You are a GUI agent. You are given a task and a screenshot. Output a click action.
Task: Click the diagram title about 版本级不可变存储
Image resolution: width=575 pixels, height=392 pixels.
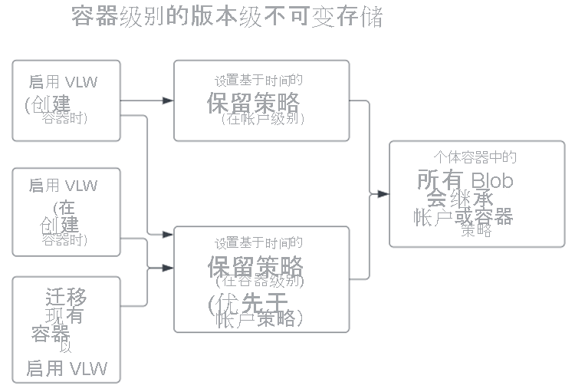tap(227, 17)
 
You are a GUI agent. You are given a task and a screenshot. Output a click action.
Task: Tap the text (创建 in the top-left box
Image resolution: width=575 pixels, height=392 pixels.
tap(48, 103)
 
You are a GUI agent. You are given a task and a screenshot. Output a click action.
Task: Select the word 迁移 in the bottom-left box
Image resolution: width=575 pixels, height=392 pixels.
tap(66, 297)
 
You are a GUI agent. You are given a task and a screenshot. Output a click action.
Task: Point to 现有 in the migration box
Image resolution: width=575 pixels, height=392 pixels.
tap(64, 315)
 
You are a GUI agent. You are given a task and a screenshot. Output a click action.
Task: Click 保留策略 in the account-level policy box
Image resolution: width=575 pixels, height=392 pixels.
tap(253, 102)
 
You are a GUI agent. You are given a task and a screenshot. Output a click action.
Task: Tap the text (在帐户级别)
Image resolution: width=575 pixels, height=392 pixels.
tap(262, 119)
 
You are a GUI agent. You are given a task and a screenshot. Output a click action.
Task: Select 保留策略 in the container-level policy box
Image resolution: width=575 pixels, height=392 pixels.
tap(255, 267)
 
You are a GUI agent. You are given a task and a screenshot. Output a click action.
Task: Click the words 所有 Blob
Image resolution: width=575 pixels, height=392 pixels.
tap(465, 180)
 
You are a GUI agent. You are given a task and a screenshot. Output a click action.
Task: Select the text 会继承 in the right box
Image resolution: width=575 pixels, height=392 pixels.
tap(459, 199)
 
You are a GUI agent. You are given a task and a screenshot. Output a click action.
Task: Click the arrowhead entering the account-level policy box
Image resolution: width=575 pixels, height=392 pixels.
tap(169, 100)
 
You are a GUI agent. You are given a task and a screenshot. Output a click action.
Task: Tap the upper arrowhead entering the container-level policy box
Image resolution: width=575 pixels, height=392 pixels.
tap(169, 234)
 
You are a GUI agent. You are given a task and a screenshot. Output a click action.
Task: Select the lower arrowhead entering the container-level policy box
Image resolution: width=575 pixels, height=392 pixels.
tap(169, 268)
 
